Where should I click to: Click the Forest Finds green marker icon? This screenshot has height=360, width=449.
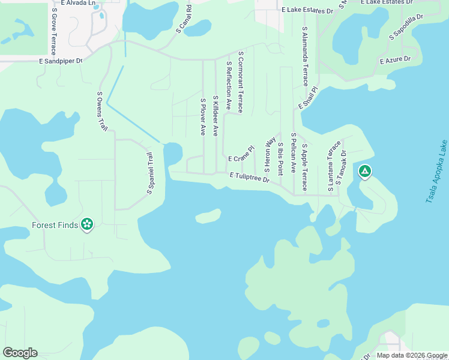pos(87,224)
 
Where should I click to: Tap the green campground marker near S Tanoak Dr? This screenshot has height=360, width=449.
pos(364,172)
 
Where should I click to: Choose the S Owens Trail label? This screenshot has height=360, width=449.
pos(103,112)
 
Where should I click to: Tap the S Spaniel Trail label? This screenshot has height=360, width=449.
pos(151,173)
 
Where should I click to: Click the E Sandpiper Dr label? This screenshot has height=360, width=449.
pos(60,61)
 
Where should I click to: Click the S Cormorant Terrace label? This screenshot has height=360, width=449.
pos(240,82)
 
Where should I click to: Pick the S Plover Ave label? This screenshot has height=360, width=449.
pos(203,117)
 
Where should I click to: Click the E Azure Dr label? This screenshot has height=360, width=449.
pos(395,59)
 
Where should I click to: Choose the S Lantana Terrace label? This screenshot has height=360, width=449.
pos(330,167)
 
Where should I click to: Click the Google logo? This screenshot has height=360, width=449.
pos(20,353)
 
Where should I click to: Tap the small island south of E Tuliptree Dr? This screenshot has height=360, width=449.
pos(208,215)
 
